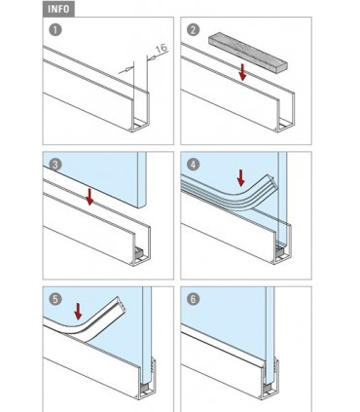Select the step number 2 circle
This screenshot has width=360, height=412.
[x=192, y=30]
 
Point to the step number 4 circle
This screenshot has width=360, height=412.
[x=192, y=165]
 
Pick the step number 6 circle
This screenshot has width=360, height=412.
[x=192, y=299]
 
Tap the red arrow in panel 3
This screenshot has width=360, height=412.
[x=89, y=198]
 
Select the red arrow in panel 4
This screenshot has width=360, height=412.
[x=240, y=177]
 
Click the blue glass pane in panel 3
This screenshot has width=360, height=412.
[x=107, y=175]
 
